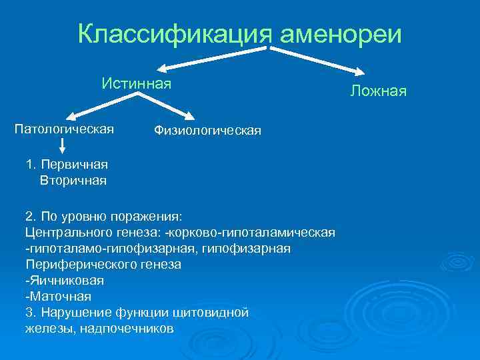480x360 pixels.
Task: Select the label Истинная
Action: [137, 83]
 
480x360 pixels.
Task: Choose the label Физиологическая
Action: [207, 131]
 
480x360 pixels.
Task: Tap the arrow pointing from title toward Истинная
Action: [213, 58]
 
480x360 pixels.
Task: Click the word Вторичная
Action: [73, 180]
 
